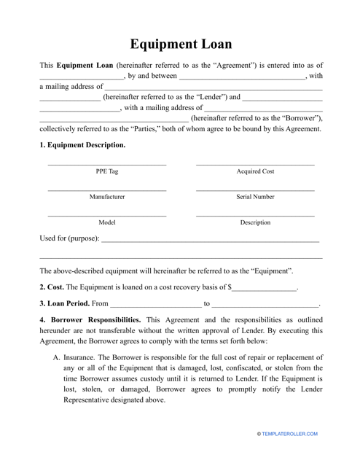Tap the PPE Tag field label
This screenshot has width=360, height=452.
point(106,171)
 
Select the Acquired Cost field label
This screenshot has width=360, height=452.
point(255,171)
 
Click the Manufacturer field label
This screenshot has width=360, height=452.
point(106,197)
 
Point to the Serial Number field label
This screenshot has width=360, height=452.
point(255,197)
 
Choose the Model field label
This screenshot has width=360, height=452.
point(106,222)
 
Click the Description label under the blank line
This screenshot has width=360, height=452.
point(255,222)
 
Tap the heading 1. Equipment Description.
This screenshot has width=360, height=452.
point(82,144)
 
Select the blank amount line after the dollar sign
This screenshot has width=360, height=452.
point(265,289)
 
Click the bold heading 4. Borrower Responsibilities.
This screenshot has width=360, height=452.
point(95,320)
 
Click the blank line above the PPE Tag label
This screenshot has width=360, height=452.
point(106,164)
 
